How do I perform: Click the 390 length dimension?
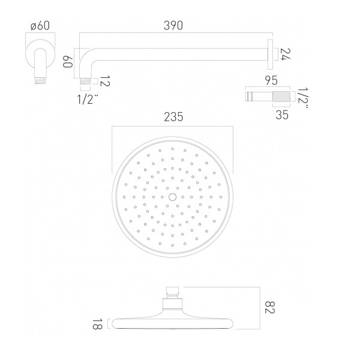[173, 25]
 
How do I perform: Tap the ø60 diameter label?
[40, 25]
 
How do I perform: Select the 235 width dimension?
[173, 117]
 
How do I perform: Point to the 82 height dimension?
[270, 307]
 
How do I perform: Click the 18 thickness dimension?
[97, 324]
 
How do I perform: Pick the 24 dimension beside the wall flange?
[286, 54]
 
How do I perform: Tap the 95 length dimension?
[271, 80]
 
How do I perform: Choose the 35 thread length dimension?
[282, 115]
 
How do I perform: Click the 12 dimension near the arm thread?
[105, 81]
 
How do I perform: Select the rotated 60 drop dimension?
[68, 61]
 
